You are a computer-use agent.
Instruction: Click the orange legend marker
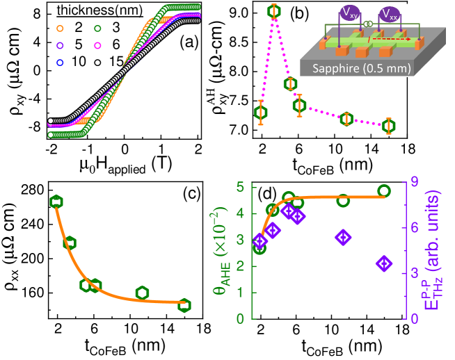coord(60,28)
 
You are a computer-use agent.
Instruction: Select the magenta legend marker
coord(97,46)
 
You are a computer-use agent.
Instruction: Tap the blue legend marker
coord(60,63)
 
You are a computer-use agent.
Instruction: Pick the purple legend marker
coord(60,46)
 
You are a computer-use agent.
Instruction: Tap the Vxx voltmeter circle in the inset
coord(390,14)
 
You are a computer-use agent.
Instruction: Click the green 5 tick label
coord(240,187)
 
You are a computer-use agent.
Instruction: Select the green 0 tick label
coord(240,319)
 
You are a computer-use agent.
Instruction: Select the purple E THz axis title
coord(432,250)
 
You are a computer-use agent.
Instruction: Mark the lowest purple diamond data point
coord(384,263)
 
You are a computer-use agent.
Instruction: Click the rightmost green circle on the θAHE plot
coord(383,190)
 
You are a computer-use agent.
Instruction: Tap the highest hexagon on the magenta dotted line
coord(273,11)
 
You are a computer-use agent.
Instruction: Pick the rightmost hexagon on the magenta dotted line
coord(388,126)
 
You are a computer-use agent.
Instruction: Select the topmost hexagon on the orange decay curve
coord(56,202)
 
